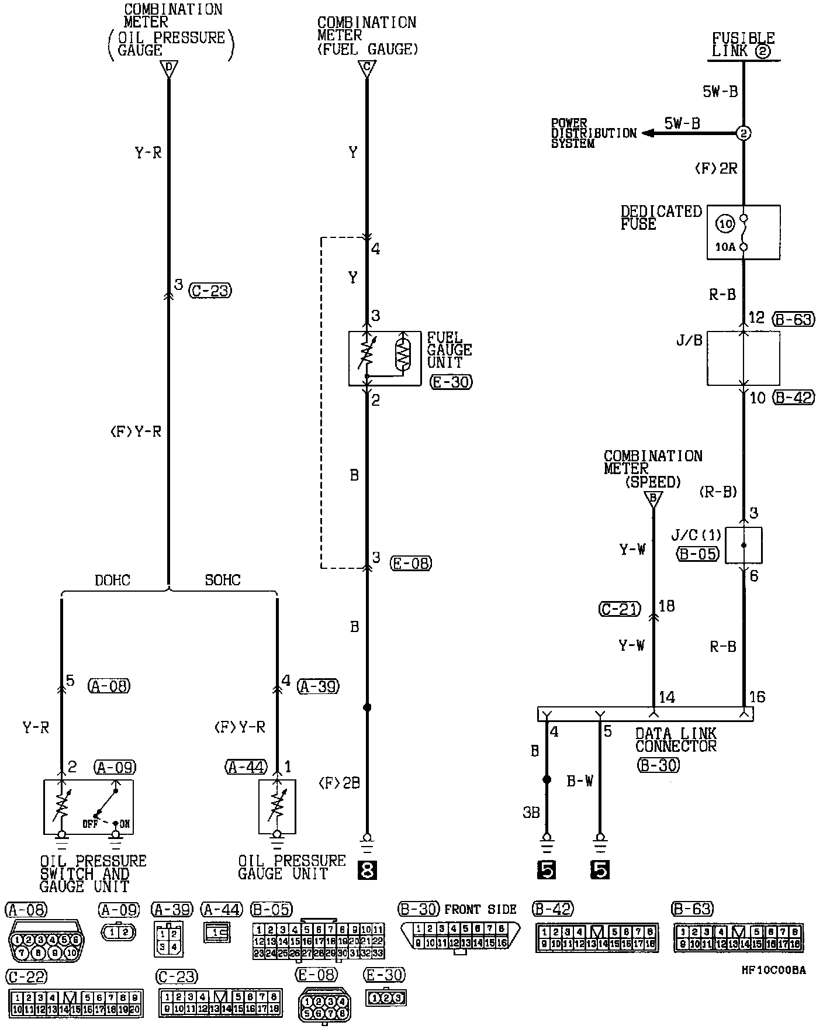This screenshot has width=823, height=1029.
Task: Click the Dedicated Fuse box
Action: point(743,232)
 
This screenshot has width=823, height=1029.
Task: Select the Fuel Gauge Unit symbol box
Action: point(384,358)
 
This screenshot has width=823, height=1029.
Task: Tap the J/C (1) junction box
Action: point(744,545)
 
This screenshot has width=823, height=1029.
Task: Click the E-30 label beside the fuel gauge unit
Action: point(450,382)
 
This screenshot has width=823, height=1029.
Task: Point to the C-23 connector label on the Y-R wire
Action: point(210,291)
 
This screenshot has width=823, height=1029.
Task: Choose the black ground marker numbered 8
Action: point(366,871)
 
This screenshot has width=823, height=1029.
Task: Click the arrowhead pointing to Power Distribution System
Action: point(647,133)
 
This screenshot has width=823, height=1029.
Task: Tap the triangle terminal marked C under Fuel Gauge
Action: point(366,69)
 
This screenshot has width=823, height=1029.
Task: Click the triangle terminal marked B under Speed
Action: point(653,499)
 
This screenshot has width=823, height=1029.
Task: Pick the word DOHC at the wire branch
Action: point(112,580)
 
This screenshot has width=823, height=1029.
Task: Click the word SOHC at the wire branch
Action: point(223,580)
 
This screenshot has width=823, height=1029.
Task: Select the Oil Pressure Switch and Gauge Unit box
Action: point(88,807)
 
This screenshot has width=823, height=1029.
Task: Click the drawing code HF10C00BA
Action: point(773,971)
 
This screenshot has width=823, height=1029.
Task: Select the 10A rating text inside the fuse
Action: point(725,247)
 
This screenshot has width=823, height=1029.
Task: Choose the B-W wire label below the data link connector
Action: point(579,781)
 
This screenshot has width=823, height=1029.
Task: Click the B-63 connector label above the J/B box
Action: point(793,319)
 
